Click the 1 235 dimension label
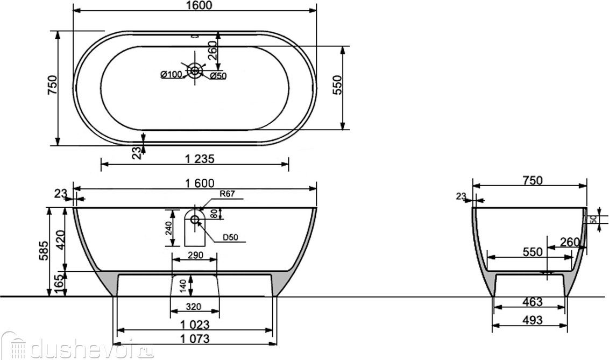pos(199,159)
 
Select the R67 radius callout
pos(227,194)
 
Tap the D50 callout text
pos(230,237)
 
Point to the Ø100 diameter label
pos(171,74)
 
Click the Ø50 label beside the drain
pos(218,76)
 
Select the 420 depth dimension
pos(61,239)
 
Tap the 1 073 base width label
pos(195,338)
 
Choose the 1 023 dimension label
pos(195,324)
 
